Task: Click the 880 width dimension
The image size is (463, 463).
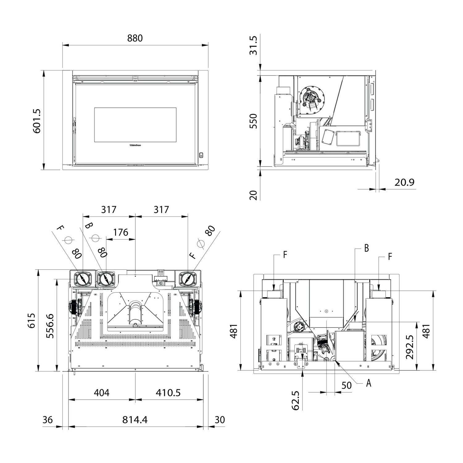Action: pyautogui.click(x=135, y=38)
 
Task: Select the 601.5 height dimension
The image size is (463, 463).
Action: pyautogui.click(x=37, y=121)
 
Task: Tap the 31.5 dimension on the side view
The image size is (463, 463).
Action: pyautogui.click(x=253, y=45)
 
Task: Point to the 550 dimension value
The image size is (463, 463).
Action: pyautogui.click(x=253, y=121)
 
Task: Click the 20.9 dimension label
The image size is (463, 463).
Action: pyautogui.click(x=404, y=182)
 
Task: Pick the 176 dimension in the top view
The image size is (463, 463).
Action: pyautogui.click(x=120, y=232)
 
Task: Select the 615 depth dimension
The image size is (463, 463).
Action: pyautogui.click(x=32, y=321)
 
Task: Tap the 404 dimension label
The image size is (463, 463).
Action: pyautogui.click(x=102, y=393)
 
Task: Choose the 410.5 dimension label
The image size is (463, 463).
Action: pyautogui.click(x=168, y=393)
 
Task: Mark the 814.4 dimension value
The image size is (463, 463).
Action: pyautogui.click(x=135, y=420)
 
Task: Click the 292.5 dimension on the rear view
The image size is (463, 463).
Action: pyautogui.click(x=410, y=347)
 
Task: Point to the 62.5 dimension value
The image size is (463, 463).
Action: pyautogui.click(x=295, y=400)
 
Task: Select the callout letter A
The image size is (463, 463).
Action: pyautogui.click(x=368, y=383)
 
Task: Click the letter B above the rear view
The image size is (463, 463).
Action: pyautogui.click(x=366, y=248)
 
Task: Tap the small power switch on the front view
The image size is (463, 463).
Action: pyautogui.click(x=201, y=155)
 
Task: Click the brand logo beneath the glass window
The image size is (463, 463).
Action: pyautogui.click(x=135, y=144)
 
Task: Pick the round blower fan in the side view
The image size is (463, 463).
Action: pyautogui.click(x=311, y=98)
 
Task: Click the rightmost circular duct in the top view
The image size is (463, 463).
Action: pyautogui.click(x=187, y=279)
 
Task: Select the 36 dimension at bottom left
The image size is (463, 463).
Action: pyautogui.click(x=48, y=420)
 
